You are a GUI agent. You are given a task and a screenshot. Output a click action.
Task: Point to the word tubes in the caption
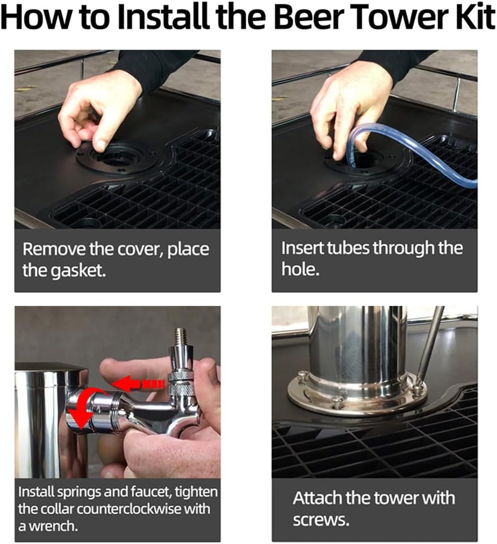(x=342, y=249)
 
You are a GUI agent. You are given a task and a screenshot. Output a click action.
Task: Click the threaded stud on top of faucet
(x=181, y=339)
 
